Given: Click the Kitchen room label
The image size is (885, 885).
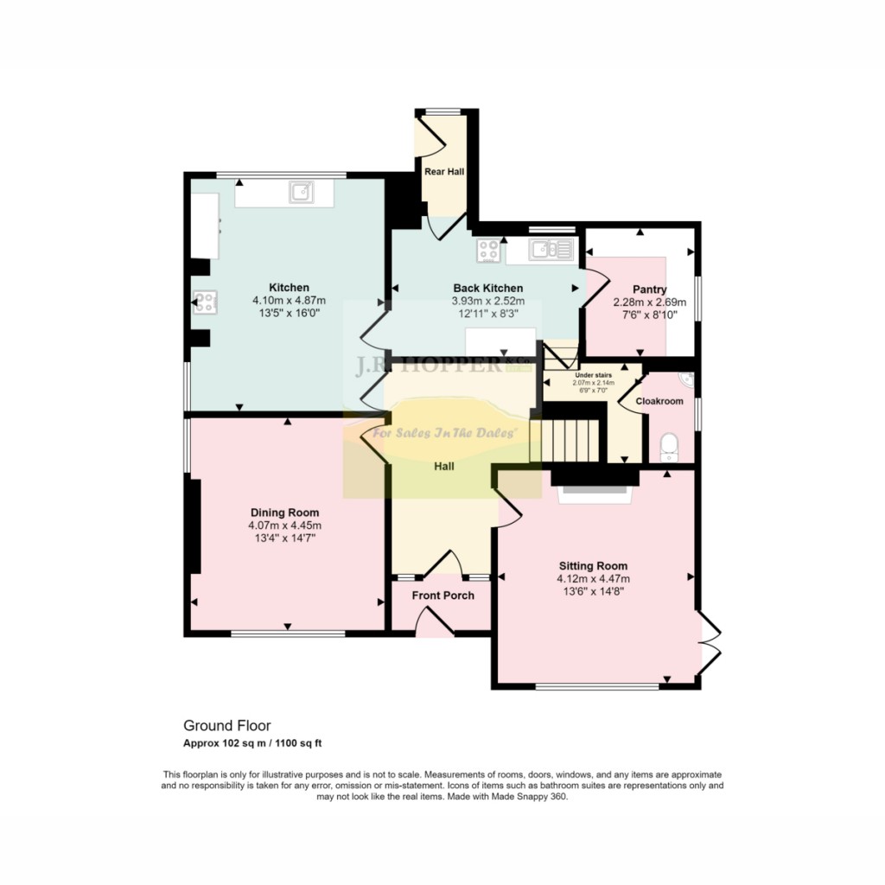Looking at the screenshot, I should (x=289, y=288).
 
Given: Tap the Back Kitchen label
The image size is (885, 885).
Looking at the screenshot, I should (x=488, y=289).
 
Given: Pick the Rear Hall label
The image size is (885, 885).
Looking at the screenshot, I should (x=444, y=172).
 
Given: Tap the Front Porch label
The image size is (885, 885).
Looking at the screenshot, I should (x=442, y=595).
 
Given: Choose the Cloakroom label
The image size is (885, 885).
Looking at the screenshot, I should (x=659, y=402).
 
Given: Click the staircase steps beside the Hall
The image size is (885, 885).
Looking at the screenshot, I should (x=571, y=441).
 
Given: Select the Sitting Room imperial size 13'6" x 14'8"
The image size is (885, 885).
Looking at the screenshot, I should (x=593, y=592).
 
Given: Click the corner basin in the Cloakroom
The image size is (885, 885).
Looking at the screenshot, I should (x=687, y=379).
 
